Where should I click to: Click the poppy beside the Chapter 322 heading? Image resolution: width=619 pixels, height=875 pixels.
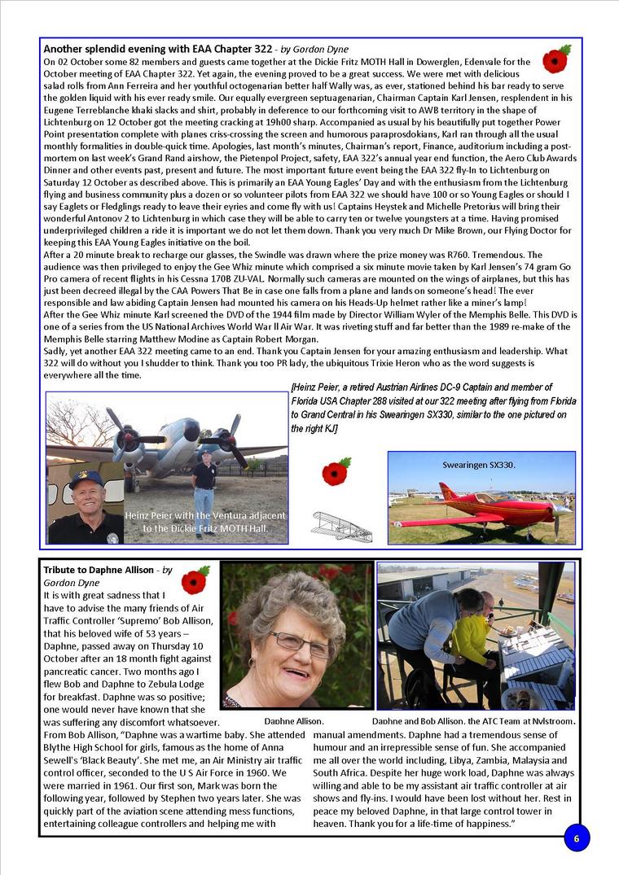click(x=556, y=59)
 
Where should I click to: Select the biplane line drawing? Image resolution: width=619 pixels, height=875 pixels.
click(x=341, y=526)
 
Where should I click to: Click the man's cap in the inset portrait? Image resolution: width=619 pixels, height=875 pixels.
click(x=86, y=478)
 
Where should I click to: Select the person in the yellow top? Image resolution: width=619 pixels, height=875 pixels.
click(x=471, y=643)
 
